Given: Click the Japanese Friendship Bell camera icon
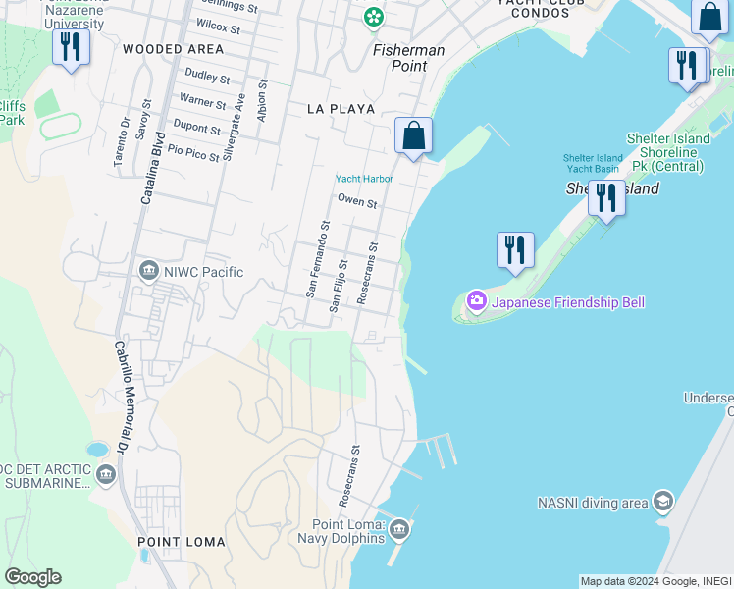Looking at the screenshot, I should [x=476, y=301].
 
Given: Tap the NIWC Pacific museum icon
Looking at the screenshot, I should [x=149, y=270].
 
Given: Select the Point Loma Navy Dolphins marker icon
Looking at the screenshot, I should [x=398, y=531].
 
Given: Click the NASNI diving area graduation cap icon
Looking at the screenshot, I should [x=662, y=502].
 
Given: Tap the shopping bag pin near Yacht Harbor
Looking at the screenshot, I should [x=413, y=136].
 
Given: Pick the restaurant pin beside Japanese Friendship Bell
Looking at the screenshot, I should [x=515, y=251].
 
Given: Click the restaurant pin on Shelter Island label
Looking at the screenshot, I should [x=606, y=199].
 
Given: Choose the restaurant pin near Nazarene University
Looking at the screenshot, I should [x=71, y=48].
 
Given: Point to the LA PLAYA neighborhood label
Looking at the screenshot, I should [x=341, y=109].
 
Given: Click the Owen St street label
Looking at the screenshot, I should [x=357, y=202].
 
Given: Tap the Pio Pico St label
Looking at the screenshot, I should [x=192, y=150].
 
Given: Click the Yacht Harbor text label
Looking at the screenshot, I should [x=364, y=179].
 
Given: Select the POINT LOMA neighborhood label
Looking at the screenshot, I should [x=182, y=542].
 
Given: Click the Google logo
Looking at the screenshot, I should [x=32, y=577].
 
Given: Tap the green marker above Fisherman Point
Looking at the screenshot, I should [x=373, y=17].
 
